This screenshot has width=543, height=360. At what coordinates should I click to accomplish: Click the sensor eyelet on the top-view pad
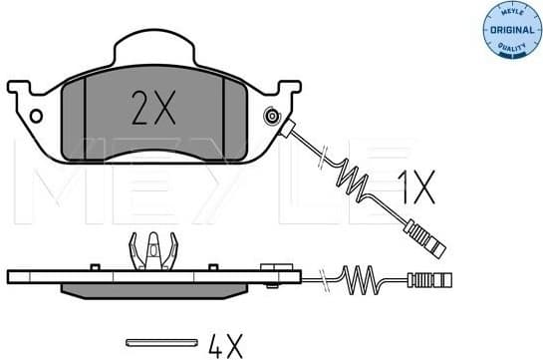coord(270,120)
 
